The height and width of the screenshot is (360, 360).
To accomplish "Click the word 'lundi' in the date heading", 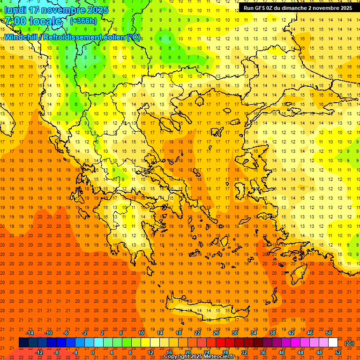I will click(x=15, y=10).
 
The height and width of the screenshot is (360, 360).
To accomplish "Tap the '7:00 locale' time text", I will click(x=33, y=21).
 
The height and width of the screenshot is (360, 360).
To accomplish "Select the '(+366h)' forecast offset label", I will click(x=83, y=21).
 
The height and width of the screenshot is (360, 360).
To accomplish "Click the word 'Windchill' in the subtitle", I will click(x=21, y=37).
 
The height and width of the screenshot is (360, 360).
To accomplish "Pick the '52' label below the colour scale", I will click(x=338, y=352).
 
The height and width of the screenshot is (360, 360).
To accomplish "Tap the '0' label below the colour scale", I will click(x=93, y=352).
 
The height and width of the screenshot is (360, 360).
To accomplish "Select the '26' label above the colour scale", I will click(x=216, y=333).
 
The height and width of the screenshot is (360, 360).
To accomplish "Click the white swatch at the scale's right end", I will click(x=333, y=343).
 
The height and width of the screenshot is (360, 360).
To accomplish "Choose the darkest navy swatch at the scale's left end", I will click(x=23, y=343).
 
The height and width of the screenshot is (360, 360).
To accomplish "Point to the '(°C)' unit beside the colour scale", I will click(x=349, y=343).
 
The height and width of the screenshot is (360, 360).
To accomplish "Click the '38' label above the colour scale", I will click(x=272, y=333).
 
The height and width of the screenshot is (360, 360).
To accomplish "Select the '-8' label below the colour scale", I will click(x=57, y=352).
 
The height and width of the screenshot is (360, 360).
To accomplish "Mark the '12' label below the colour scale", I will click(x=150, y=352).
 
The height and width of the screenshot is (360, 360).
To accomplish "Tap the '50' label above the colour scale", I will click(x=328, y=333).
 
